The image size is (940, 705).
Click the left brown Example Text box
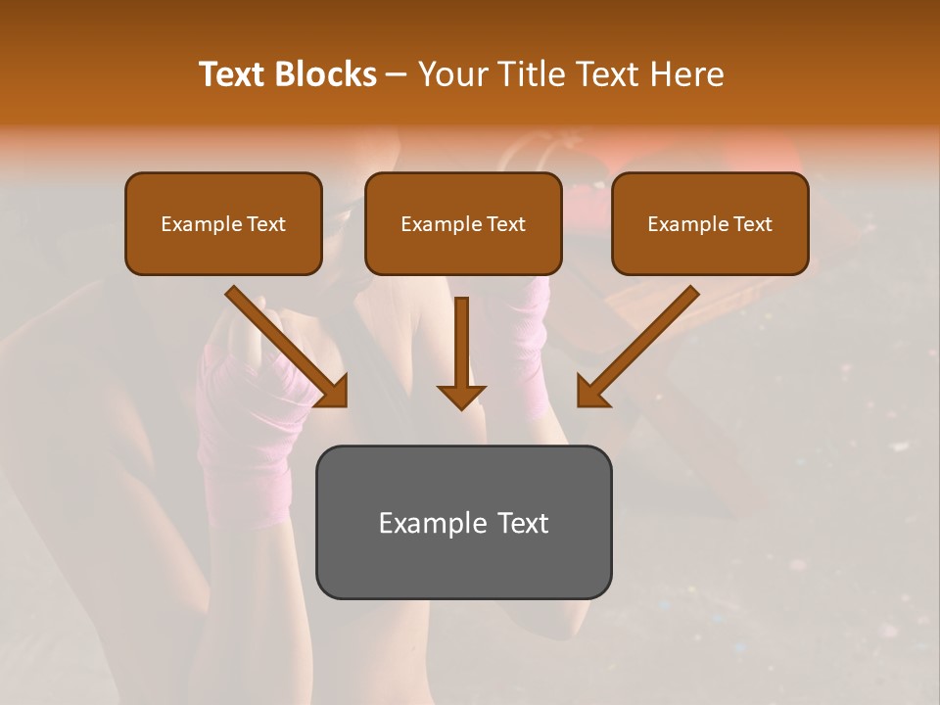click(223, 223)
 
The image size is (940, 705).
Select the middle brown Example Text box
click(463, 223)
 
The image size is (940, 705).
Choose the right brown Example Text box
click(710, 223)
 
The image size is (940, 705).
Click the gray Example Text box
click(463, 522)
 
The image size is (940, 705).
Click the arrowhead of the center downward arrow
click(461, 396)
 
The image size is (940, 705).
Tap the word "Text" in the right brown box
click(752, 224)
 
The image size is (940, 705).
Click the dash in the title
click(397, 74)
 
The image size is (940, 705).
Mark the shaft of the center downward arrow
click(461, 338)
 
